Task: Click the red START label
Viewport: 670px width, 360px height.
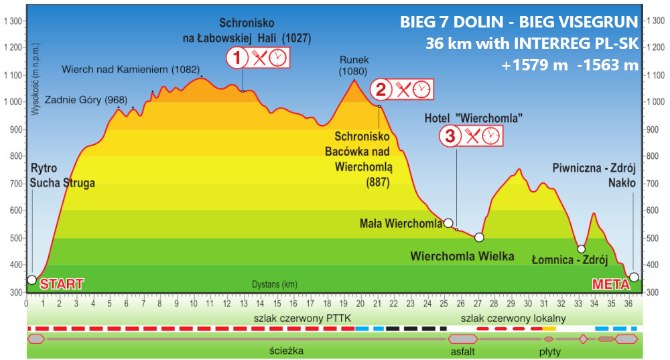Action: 62,284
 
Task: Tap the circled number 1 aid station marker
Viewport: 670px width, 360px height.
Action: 237,58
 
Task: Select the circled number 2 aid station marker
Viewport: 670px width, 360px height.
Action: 381,89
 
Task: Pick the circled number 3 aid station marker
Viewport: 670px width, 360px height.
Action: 450,136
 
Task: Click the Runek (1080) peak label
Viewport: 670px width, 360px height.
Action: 354,65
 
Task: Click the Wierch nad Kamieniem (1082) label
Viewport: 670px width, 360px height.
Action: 121,69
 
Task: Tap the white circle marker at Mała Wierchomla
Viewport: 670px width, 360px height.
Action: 448,223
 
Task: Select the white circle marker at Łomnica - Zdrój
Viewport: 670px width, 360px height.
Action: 582,249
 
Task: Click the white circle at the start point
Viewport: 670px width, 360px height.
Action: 31,280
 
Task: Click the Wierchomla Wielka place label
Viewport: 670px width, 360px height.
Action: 462,256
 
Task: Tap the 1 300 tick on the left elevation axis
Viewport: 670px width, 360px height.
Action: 13,21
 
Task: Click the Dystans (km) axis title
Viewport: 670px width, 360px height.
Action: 275,284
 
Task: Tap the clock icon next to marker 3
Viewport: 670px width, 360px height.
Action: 490,136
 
